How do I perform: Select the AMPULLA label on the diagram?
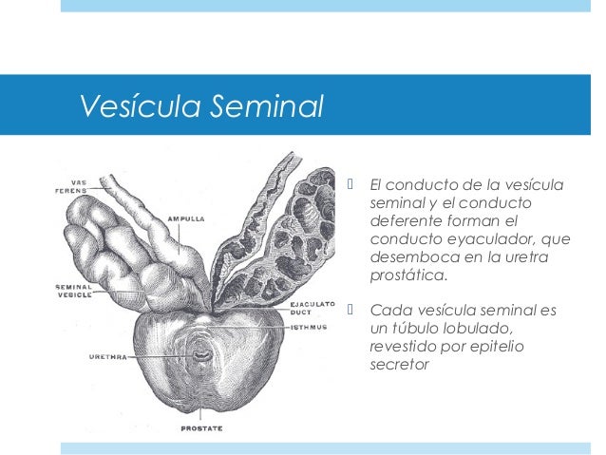pyautogui.click(x=185, y=218)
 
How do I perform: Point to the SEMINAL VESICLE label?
pyautogui.click(x=73, y=292)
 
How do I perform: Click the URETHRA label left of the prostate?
pyautogui.click(x=108, y=357)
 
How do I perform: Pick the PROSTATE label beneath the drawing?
pyautogui.click(x=201, y=428)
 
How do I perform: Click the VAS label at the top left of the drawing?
pyautogui.click(x=81, y=182)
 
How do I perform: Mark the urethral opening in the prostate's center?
pyautogui.click(x=202, y=357)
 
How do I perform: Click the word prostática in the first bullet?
pyautogui.click(x=407, y=276)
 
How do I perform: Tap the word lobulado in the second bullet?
pyautogui.click(x=481, y=328)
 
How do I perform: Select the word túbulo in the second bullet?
pyautogui.click(x=417, y=328)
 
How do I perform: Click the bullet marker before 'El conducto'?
pyautogui.click(x=350, y=183)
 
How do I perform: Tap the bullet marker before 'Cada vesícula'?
pyautogui.click(x=350, y=310)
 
